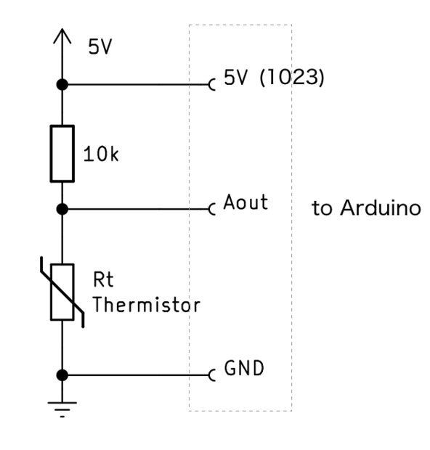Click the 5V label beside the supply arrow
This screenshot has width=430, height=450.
pyautogui.click(x=100, y=46)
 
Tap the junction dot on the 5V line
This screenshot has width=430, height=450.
pyautogui.click(x=62, y=85)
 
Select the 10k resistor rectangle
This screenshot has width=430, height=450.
pyautogui.click(x=62, y=154)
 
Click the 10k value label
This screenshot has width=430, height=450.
pyautogui.click(x=101, y=154)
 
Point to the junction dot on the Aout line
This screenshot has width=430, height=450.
pyautogui.click(x=62, y=209)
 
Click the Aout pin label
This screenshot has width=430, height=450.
pyautogui.click(x=246, y=202)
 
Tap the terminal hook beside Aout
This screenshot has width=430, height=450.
pyautogui.click(x=212, y=209)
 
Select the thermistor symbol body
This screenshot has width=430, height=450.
pyautogui.click(x=62, y=292)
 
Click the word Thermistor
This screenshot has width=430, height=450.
pyautogui.click(x=147, y=305)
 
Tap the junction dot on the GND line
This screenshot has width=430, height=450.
pyautogui.click(x=62, y=375)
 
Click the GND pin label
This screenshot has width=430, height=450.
pyautogui.click(x=244, y=368)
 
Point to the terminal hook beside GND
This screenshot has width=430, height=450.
pyautogui.click(x=212, y=375)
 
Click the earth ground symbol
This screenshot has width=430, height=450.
pyautogui.click(x=62, y=409)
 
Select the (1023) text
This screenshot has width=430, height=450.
pyautogui.click(x=292, y=78)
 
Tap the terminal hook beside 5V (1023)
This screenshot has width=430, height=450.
pyautogui.click(x=212, y=85)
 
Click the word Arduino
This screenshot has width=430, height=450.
pyautogui.click(x=381, y=208)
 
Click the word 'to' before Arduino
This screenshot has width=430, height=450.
pyautogui.click(x=322, y=208)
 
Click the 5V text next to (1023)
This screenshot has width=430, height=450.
pyautogui.click(x=235, y=78)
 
